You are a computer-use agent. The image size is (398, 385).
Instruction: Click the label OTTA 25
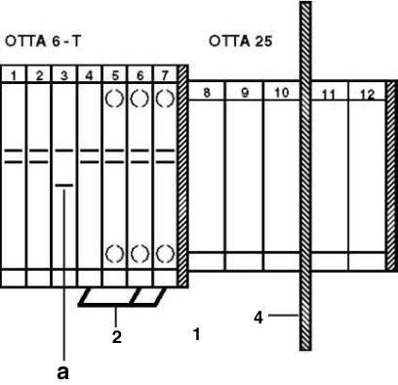[x=240, y=42]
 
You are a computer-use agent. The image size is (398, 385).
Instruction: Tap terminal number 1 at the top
[x=15, y=74]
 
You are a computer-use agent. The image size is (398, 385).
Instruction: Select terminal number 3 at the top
[x=64, y=74]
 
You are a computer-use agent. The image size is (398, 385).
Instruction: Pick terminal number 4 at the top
[x=89, y=74]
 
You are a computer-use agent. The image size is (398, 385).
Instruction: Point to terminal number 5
[x=114, y=74]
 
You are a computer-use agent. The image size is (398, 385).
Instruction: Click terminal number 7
[x=165, y=74]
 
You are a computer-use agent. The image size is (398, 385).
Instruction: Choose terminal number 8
[x=207, y=93]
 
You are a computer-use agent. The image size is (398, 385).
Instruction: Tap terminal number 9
[x=244, y=93]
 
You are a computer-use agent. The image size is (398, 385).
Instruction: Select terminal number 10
[x=279, y=93]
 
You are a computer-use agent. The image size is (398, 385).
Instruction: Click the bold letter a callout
[x=64, y=371]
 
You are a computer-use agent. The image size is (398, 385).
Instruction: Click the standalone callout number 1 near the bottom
[x=196, y=335]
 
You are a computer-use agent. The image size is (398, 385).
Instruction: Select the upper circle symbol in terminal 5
[x=114, y=99]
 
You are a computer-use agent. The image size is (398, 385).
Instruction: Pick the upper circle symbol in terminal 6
[x=139, y=99]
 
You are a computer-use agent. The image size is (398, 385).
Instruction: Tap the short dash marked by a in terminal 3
[x=64, y=184]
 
